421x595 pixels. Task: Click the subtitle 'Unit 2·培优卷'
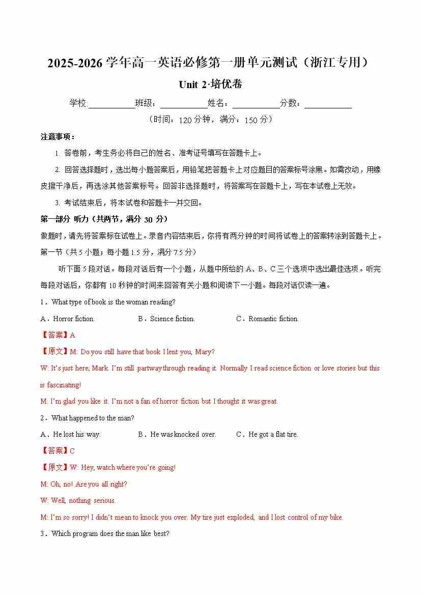(210, 84)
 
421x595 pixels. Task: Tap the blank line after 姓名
(256, 104)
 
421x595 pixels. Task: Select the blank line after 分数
(328, 104)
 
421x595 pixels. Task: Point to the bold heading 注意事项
(58, 137)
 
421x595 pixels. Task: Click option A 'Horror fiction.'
(68, 319)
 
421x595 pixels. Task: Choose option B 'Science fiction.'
(166, 319)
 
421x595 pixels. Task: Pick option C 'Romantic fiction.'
(268, 319)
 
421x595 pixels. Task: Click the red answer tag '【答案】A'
(58, 335)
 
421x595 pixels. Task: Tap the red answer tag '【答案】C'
(58, 450)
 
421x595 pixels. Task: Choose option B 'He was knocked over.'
(177, 434)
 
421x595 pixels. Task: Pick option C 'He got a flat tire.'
(267, 434)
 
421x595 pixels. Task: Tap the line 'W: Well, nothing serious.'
(78, 500)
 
